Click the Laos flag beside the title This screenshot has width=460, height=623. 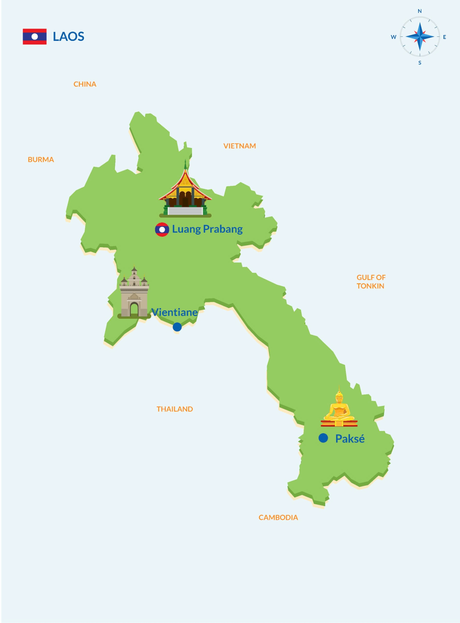coord(34,37)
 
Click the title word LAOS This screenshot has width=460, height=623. coord(68,37)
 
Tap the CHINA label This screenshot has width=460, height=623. coord(85,84)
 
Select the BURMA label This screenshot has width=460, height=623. coord(41,160)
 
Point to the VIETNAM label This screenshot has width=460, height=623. coord(239,146)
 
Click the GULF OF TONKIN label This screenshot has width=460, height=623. coord(371,282)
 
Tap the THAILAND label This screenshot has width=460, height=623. coord(175,409)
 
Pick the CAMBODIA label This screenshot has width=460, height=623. coord(278,518)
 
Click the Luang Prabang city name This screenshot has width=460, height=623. coord(207,229)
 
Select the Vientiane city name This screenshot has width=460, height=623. coord(175,312)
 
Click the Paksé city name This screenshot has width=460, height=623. coord(350,439)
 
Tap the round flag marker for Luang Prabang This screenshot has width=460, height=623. coord(162,230)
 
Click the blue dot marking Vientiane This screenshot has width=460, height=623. coord(177,327)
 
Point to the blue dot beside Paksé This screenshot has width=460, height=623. coord(323,438)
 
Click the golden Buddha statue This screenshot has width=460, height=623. coord(339,409)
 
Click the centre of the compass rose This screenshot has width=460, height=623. coord(420,37)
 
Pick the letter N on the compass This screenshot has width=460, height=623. coord(420,11)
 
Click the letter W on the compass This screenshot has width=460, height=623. coord(393,37)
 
